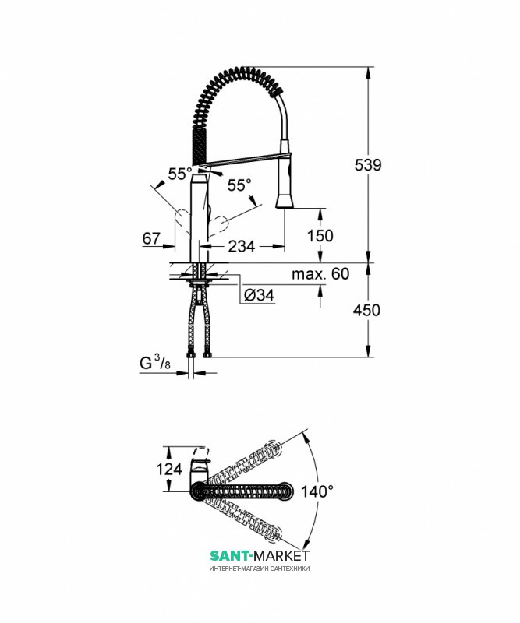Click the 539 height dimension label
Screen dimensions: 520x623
pyautogui.click(x=368, y=164)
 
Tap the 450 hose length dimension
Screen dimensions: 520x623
pyautogui.click(x=366, y=310)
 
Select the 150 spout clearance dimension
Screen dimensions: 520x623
pyautogui.click(x=320, y=236)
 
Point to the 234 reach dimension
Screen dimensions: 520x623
pyautogui.click(x=241, y=246)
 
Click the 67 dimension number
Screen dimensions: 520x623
pyautogui.click(x=151, y=238)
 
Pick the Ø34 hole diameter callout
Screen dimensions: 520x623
pyautogui.click(x=259, y=295)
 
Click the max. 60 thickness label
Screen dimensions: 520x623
pyautogui.click(x=320, y=274)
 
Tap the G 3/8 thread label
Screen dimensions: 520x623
pyautogui.click(x=155, y=363)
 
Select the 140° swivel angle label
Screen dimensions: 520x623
pyautogui.click(x=317, y=491)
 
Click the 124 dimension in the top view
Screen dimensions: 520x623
pyautogui.click(x=168, y=469)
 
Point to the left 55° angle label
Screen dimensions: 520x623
pyautogui.click(x=180, y=174)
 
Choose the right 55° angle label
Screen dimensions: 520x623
pyautogui.click(x=239, y=185)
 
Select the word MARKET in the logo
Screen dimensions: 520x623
pyautogui.click(x=281, y=555)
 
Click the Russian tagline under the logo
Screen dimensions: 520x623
pyautogui.click(x=260, y=568)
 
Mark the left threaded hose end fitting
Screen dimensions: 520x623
pyautogui.click(x=191, y=354)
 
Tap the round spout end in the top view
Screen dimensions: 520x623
pyautogui.click(x=286, y=491)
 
